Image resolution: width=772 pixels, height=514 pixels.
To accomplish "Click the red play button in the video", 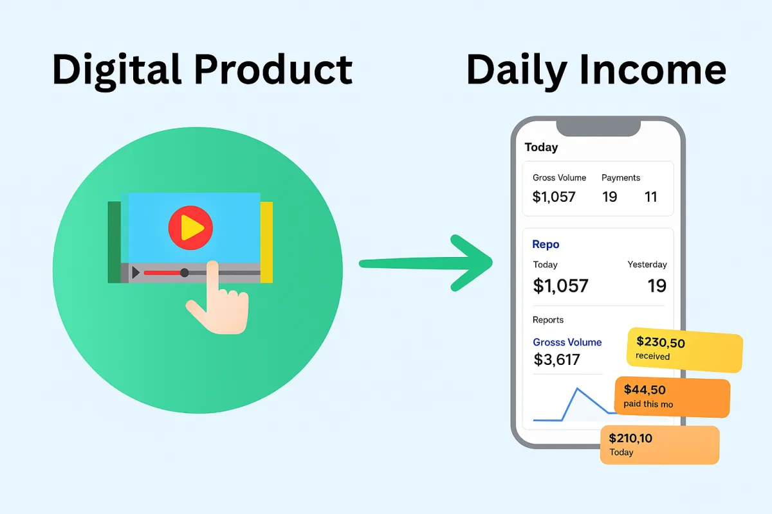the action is pos(190,227).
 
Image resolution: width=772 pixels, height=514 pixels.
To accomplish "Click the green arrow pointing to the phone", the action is pos(426,263).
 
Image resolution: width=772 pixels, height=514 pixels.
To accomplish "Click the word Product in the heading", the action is pos(273,69).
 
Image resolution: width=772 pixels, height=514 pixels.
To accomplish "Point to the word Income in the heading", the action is pos(653,69).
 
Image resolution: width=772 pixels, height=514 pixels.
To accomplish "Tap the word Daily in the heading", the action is pos(517,71).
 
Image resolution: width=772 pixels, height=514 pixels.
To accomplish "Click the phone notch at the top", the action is pos(598,128).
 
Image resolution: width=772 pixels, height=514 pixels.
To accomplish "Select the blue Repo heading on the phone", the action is pos(546,244).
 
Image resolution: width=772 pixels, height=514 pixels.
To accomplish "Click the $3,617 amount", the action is pos(556,360).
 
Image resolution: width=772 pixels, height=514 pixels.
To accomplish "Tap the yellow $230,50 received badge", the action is pos(685,350).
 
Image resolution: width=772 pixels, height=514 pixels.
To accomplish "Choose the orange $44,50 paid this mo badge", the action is pos(672,397).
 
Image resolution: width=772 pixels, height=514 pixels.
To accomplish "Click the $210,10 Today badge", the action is pos(659,445).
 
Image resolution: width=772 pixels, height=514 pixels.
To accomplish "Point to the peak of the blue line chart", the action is pos(578,389).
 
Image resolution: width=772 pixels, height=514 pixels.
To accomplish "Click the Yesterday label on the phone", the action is pos(647,265).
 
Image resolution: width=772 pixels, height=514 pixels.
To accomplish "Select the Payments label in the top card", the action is pos(621,177).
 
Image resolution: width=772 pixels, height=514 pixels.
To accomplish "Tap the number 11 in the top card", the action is pos(650,197).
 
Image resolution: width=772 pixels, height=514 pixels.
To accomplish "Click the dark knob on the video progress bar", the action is pos(185,272).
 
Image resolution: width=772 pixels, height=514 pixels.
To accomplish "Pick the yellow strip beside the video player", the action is pos(266,242).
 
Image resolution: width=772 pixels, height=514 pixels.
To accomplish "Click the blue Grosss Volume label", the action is pos(567,342).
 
